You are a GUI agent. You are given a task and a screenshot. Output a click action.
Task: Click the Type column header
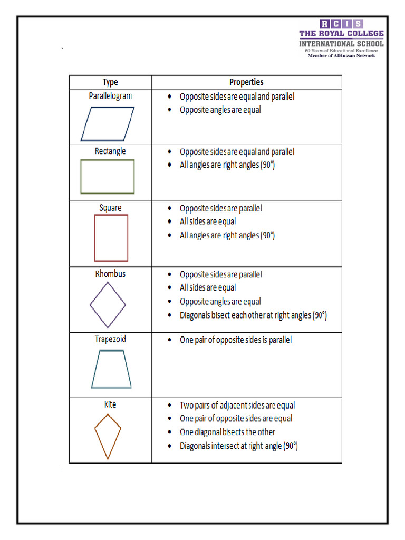(110, 82)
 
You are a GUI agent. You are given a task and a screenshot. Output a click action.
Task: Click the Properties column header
(246, 82)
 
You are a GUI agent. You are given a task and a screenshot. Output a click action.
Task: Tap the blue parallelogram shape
(108, 124)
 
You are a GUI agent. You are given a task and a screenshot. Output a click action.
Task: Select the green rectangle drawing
(108, 177)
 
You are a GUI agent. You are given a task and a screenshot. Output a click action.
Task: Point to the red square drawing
(111, 238)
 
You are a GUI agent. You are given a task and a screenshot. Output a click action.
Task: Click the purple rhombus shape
(108, 305)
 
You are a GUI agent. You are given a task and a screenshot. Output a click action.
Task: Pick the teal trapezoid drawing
(111, 369)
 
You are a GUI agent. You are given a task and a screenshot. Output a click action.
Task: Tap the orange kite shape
(108, 436)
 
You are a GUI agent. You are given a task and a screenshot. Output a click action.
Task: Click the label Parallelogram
(110, 96)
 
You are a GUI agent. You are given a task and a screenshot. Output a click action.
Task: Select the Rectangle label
(110, 151)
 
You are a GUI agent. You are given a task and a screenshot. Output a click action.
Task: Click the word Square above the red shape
(110, 208)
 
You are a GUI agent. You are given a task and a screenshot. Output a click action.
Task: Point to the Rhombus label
(110, 274)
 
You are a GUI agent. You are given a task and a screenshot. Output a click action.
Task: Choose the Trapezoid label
(110, 339)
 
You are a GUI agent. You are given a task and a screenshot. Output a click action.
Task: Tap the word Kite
(110, 404)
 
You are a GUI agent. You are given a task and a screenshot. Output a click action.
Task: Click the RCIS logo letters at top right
(341, 24)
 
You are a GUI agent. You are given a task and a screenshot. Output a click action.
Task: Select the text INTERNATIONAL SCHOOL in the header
(341, 43)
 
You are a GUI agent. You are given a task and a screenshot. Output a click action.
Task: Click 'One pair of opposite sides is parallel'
(235, 340)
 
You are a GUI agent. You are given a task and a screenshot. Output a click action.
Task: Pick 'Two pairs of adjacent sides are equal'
(237, 406)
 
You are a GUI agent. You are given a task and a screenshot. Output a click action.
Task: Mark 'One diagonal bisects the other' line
(227, 432)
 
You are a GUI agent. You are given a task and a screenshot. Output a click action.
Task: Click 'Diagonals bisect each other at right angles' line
(253, 315)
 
